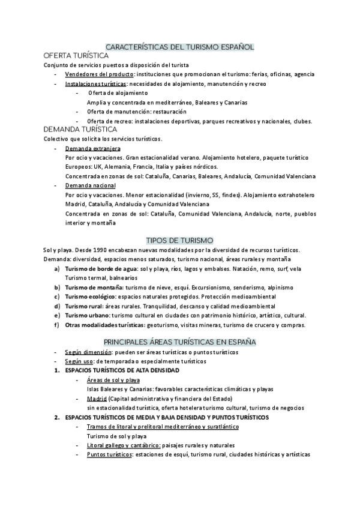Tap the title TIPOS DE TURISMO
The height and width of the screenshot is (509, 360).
click(x=180, y=240)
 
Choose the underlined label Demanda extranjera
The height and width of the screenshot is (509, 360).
click(x=92, y=148)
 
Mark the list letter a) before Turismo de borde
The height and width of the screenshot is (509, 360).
click(x=56, y=269)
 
